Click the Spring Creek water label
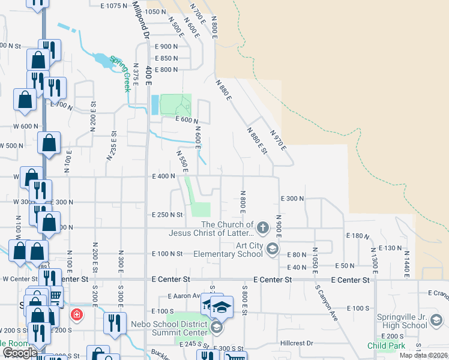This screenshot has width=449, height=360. [x=119, y=73]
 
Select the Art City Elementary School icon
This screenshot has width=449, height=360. [x=273, y=249]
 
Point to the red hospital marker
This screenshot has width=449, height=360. [x=77, y=314]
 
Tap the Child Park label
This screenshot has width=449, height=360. [x=386, y=346]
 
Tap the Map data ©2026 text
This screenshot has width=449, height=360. [x=424, y=355]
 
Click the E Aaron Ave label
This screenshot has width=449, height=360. [x=187, y=296]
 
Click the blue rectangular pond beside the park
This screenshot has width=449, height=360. [x=155, y=105]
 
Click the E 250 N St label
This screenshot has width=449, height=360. [x=167, y=214]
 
